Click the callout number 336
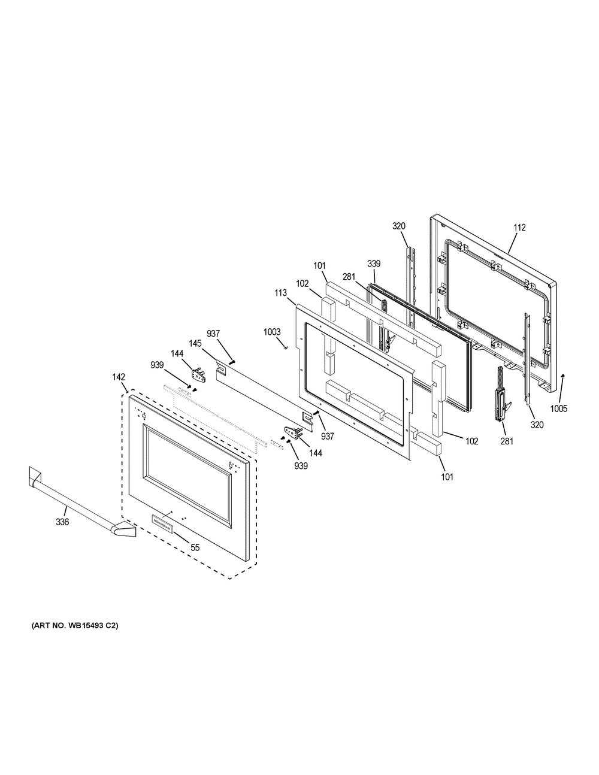pos(62,522)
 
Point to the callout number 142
pos(119,377)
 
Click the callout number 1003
pos(272,332)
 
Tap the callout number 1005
pos(558,408)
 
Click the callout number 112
pos(519,228)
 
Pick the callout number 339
pos(374,264)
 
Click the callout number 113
pos(280,293)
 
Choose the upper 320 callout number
pos(399,226)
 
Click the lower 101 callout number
pos(447,477)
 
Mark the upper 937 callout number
pos(213,334)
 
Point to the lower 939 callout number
pos(301,466)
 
